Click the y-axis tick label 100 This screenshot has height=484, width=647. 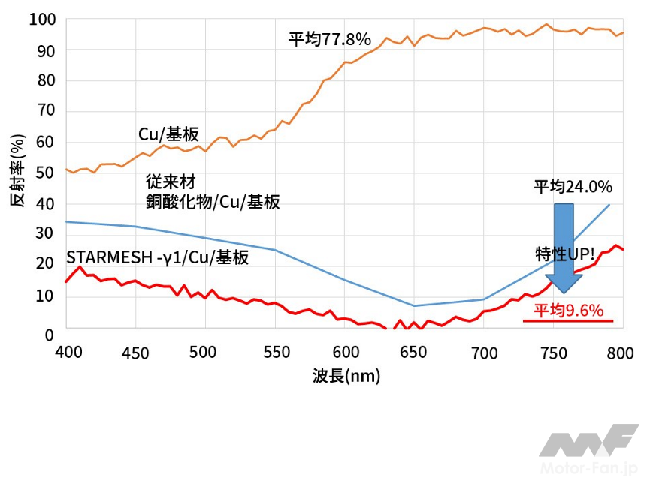coord(42,18)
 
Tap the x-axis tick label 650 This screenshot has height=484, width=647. coord(413,353)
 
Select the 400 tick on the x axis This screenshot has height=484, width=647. coord(66,353)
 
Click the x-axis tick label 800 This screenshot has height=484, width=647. coord(621,353)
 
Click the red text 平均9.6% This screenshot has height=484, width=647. coord(569,311)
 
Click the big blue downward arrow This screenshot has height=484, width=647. coord(564,248)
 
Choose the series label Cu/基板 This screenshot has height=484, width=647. coord(168,134)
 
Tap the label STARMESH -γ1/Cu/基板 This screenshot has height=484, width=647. coord(157,257)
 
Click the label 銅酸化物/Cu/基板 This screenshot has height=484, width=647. coord(213,201)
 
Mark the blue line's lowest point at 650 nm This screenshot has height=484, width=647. coord(413,305)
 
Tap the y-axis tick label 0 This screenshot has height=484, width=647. coord(50,334)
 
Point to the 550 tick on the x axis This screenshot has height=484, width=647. coord(274,353)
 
